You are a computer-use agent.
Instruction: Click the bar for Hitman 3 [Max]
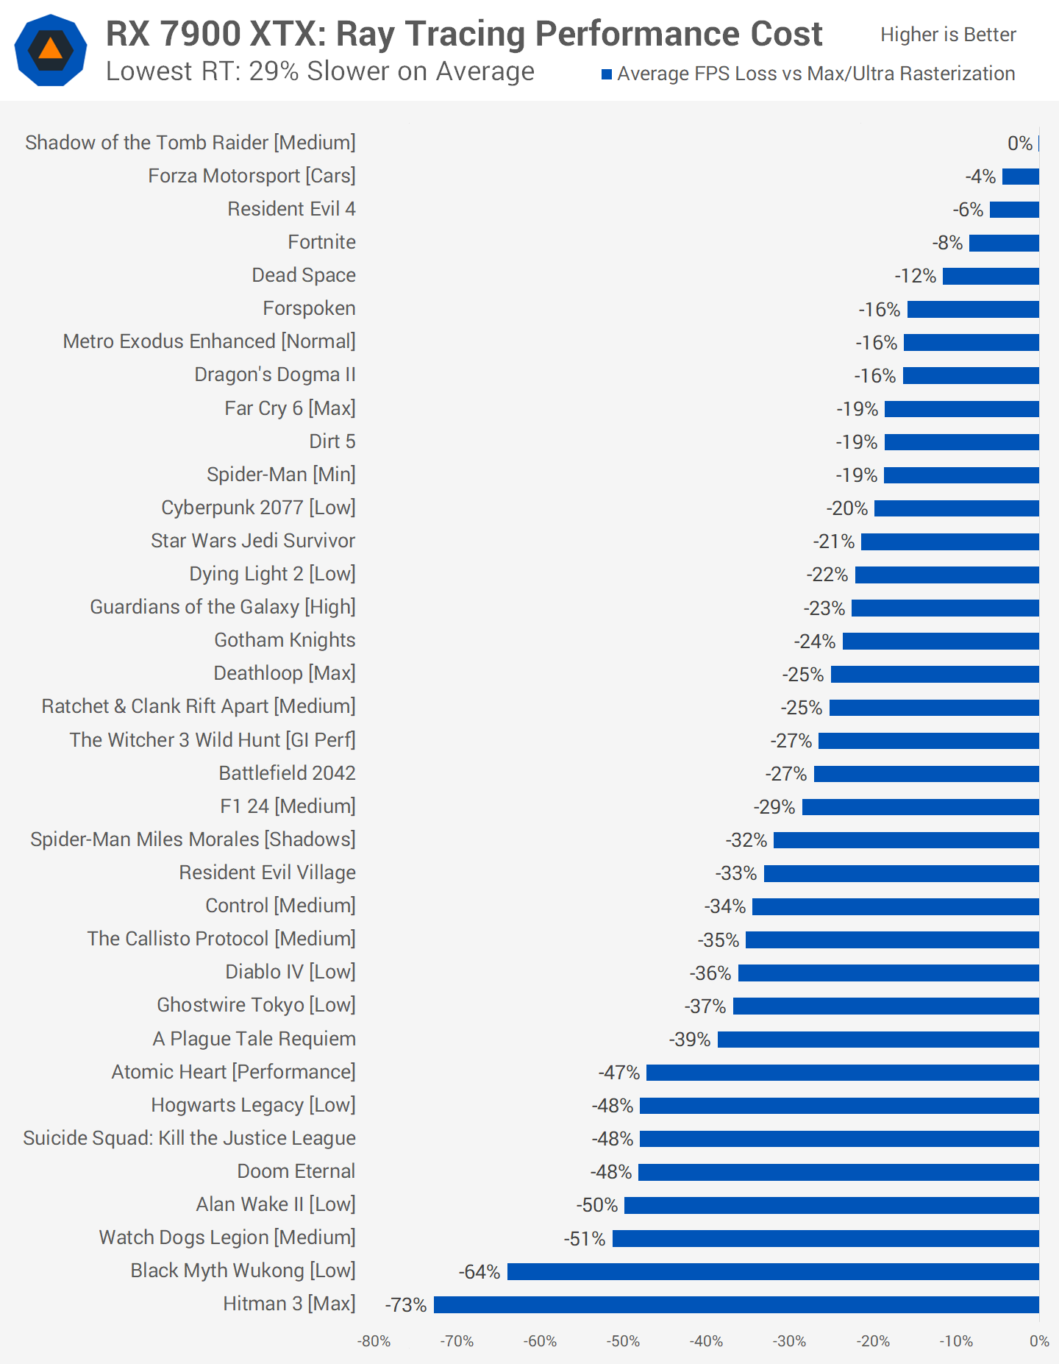736,1304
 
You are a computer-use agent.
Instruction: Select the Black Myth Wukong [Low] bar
773,1271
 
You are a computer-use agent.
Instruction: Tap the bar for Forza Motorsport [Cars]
1021,177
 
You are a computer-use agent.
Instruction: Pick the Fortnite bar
1004,243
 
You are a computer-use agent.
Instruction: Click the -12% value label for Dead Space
915,276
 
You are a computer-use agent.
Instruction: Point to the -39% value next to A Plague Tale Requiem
689,1040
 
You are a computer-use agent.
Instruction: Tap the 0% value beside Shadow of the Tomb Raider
1019,143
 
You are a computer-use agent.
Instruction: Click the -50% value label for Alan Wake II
596,1205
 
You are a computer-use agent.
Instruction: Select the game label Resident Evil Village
267,873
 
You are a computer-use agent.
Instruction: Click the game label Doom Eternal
296,1171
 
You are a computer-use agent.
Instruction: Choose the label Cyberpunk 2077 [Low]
258,508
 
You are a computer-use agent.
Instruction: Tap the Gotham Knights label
285,640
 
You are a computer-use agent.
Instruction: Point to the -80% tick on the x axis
374,1341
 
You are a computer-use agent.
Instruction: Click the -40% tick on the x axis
706,1341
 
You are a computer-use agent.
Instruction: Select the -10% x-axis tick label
955,1341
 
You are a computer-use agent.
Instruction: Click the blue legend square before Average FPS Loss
607,74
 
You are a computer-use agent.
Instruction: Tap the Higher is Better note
948,35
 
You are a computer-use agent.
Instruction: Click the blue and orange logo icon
51,50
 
